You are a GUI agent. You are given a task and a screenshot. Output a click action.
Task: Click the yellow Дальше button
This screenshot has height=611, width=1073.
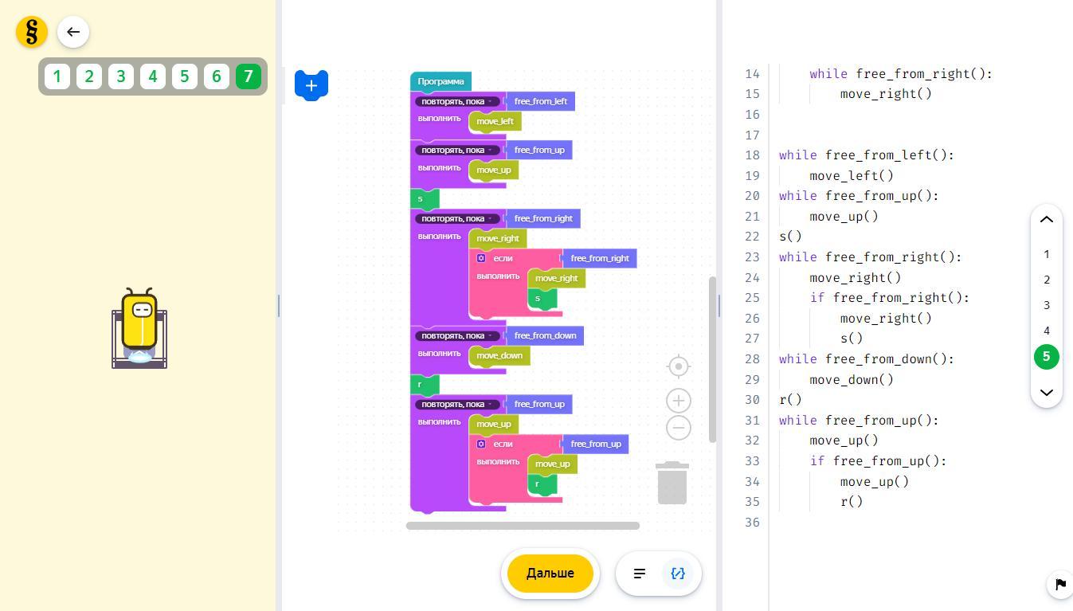point(550,573)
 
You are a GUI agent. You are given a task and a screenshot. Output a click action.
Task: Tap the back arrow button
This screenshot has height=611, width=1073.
point(73,32)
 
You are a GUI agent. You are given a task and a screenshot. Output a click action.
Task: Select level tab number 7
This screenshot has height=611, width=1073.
point(248,76)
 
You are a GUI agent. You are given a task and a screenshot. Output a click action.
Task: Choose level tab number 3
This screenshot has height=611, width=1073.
point(121,76)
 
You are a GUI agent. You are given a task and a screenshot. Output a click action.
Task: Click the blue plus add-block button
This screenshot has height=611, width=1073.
point(311,85)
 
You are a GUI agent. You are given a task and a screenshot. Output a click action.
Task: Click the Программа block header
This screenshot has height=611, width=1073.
point(441,81)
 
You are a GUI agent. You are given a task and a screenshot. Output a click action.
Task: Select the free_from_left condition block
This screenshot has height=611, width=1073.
point(540,101)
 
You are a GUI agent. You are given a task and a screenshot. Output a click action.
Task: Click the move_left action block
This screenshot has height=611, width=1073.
point(495,121)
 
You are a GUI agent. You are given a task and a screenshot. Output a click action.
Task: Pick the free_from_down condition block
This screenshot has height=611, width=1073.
point(545,335)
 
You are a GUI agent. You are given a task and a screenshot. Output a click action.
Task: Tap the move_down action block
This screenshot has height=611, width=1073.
point(499,355)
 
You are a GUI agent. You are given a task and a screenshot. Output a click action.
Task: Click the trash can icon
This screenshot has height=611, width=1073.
point(672,483)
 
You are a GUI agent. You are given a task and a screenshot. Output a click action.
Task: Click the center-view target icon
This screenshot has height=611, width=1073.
point(678,366)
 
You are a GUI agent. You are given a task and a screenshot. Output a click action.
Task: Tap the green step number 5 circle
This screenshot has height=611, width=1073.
point(1047,357)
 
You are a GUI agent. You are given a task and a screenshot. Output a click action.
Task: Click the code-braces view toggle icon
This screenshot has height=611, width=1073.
point(678,573)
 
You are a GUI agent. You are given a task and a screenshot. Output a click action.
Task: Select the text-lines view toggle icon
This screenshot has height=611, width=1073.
point(640,573)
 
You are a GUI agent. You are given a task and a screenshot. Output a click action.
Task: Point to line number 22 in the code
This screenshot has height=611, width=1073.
point(752,237)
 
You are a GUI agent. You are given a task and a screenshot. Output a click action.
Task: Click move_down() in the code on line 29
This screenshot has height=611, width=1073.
point(852,379)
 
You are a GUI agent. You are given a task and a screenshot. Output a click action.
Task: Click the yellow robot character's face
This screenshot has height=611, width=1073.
point(143,310)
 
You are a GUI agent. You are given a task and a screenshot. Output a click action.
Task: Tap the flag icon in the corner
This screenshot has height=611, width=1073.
point(1060,585)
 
